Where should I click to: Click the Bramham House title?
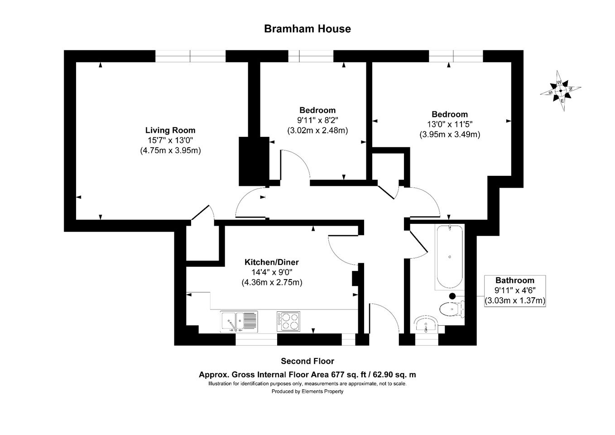pyautogui.click(x=307, y=29)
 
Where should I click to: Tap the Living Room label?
pyautogui.click(x=170, y=130)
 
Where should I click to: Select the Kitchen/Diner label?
pyautogui.click(x=272, y=262)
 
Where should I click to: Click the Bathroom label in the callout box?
pyautogui.click(x=515, y=280)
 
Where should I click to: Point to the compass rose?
pyautogui.click(x=560, y=91)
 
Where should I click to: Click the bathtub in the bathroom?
pyautogui.click(x=449, y=257)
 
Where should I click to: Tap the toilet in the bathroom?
pyautogui.click(x=452, y=309)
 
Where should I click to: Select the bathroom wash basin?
pyautogui.click(x=425, y=325)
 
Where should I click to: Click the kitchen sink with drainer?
pyautogui.click(x=239, y=322)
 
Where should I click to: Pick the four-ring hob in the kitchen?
pyautogui.click(x=288, y=321)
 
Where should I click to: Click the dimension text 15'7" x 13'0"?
pyautogui.click(x=170, y=140)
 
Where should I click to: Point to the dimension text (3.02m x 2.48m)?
pyautogui.click(x=317, y=130)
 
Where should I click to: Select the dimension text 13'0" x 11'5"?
pyautogui.click(x=449, y=125)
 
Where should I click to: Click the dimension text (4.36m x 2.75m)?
pyautogui.click(x=272, y=282)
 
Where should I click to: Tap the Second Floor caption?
pyautogui.click(x=307, y=361)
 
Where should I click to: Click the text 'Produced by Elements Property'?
pyautogui.click(x=307, y=391)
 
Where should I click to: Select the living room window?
pyautogui.click(x=191, y=56)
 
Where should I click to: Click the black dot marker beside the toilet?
pyautogui.click(x=452, y=296)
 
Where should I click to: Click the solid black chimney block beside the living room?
pyautogui.click(x=254, y=161)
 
